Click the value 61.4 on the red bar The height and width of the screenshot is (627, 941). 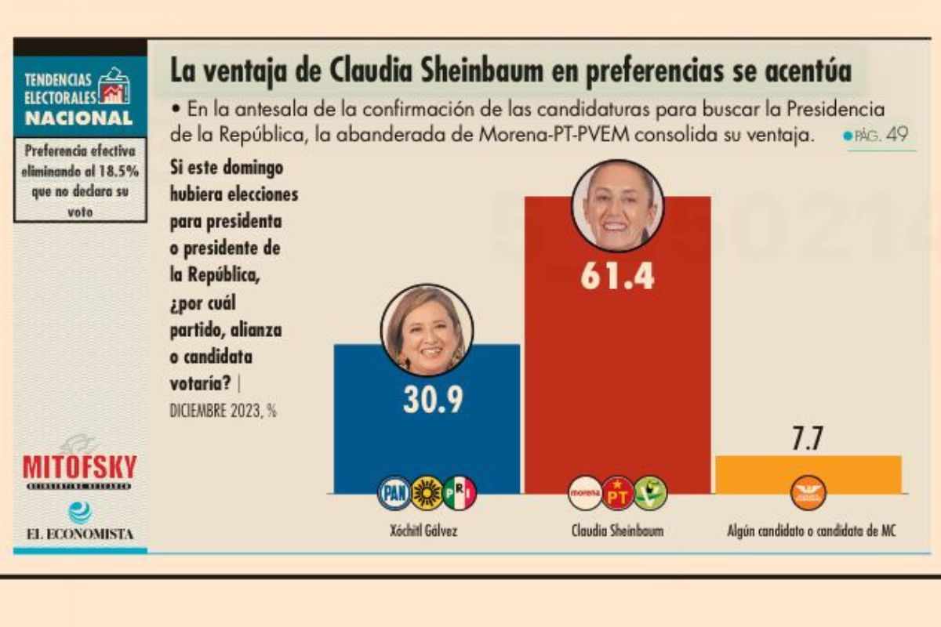[x=617, y=276]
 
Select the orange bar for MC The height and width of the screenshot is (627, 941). [x=808, y=474]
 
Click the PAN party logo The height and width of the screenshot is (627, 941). [x=394, y=493]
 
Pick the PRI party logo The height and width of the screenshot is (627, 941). [x=460, y=493]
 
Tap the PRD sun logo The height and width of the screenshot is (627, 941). [x=427, y=493]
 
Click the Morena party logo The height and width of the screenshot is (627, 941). [x=584, y=493]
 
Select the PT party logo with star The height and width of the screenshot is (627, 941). [x=617, y=493]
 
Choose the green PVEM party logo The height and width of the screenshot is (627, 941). [x=650, y=493]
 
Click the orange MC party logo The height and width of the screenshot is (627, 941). [x=808, y=493]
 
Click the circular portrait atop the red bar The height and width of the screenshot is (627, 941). [x=617, y=205]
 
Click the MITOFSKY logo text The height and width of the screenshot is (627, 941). [x=79, y=467]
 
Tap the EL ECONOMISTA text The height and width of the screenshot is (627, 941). [x=79, y=534]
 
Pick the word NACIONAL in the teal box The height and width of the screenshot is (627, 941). [x=78, y=118]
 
